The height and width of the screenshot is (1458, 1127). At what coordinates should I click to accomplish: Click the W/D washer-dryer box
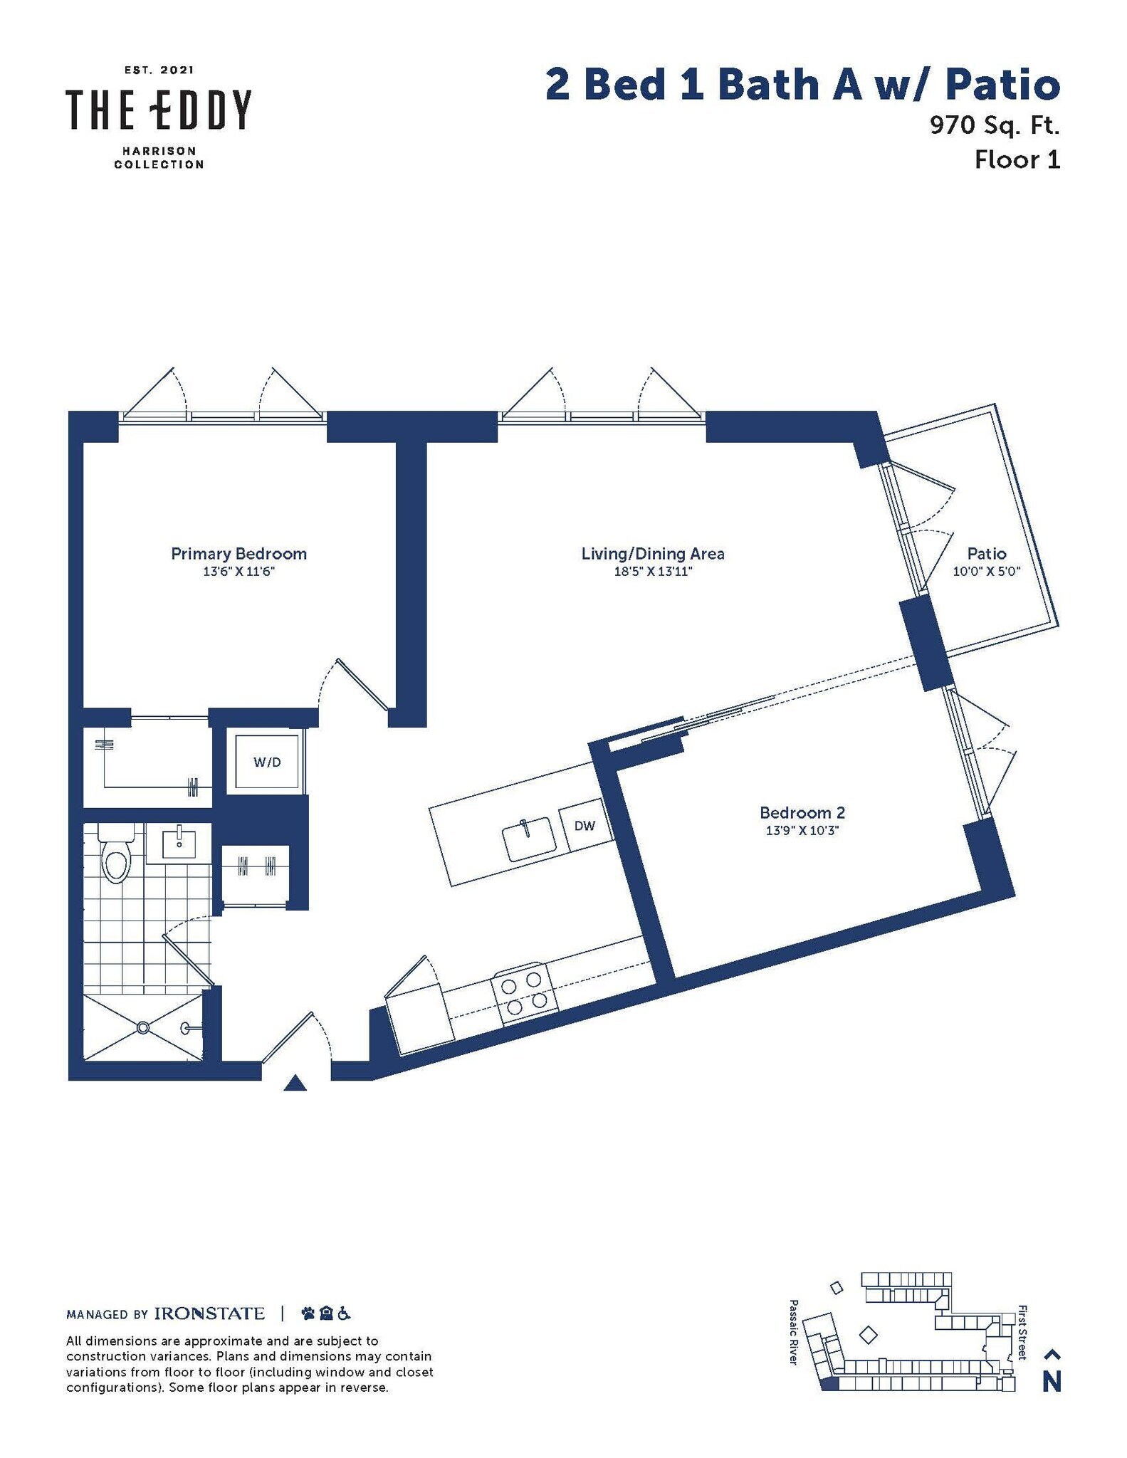click(267, 762)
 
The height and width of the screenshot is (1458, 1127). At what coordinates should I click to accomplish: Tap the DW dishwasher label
click(585, 826)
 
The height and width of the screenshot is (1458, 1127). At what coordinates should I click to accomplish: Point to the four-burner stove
click(525, 994)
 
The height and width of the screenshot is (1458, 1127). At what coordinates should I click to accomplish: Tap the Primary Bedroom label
click(238, 553)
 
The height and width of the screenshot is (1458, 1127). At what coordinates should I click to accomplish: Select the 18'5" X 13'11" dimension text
click(653, 572)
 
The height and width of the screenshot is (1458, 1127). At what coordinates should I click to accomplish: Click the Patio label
click(987, 553)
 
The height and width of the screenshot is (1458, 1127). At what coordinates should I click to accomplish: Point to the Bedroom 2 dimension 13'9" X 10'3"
click(802, 830)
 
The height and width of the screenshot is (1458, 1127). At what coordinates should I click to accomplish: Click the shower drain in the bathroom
click(143, 1027)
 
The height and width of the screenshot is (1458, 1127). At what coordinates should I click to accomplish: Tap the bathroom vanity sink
click(179, 844)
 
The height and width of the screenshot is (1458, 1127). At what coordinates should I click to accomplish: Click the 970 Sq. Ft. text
click(995, 125)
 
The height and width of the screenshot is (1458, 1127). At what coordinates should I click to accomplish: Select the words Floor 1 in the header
click(1017, 159)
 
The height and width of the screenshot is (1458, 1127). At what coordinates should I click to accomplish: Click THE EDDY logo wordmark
click(159, 110)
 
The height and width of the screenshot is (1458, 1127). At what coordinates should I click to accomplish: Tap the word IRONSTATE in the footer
click(209, 1313)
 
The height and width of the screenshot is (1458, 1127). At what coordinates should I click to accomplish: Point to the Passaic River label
click(794, 1332)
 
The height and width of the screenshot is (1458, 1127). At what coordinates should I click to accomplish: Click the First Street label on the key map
click(1022, 1332)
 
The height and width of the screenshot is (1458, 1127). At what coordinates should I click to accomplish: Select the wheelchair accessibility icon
click(344, 1313)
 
